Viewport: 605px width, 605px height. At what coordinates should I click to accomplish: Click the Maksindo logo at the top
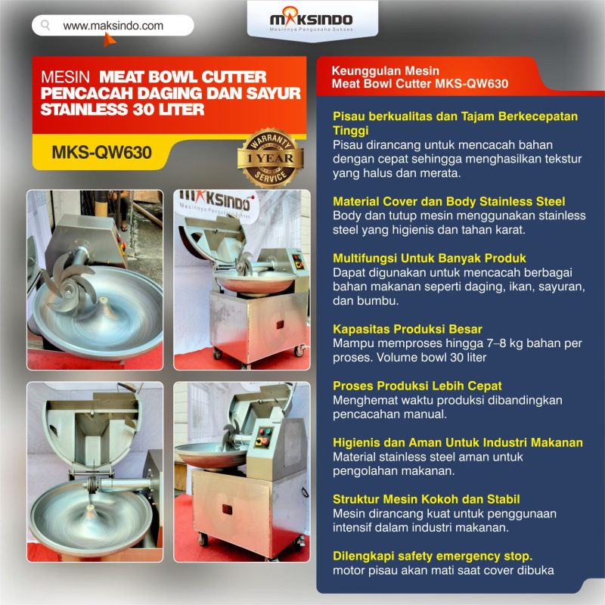[x=311, y=20]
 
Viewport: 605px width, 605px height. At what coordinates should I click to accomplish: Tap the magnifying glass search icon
[x=45, y=26]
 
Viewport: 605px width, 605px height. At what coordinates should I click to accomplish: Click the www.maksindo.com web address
[x=113, y=26]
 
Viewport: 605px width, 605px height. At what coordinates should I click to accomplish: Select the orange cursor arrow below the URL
[x=109, y=39]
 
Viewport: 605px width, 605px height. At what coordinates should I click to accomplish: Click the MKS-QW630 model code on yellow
[x=102, y=153]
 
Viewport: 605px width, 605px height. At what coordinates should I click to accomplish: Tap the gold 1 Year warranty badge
[x=271, y=158]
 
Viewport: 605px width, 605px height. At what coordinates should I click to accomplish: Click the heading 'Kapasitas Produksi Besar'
[x=408, y=329]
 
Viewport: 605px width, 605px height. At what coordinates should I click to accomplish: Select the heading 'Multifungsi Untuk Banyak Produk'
[x=430, y=258]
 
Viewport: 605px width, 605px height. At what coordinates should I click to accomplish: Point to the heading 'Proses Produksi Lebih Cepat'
[x=417, y=386]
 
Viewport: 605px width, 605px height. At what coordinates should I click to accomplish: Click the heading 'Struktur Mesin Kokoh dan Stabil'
[x=427, y=499]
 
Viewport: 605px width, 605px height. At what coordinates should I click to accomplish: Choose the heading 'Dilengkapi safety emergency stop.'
[x=433, y=556]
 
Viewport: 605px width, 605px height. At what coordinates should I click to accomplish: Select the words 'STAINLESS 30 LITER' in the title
[x=123, y=110]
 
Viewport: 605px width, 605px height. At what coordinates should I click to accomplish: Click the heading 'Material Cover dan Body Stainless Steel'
[x=448, y=201]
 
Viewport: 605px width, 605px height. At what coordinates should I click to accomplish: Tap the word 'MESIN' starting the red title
[x=65, y=77]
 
